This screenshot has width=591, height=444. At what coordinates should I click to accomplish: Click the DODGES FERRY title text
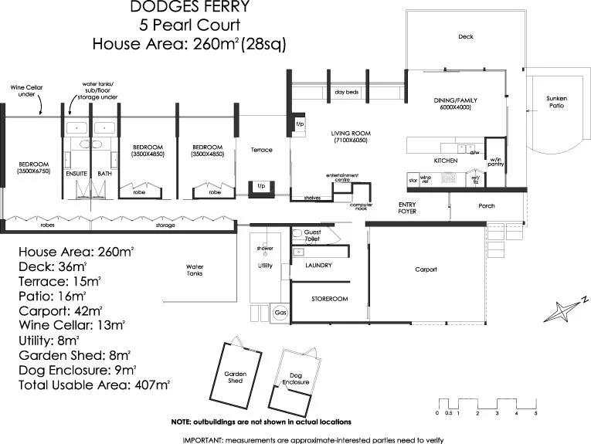coord(189,8)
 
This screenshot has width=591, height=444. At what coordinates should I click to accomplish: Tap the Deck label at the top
coord(465,37)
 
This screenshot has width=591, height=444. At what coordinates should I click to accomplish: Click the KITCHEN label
coord(445,161)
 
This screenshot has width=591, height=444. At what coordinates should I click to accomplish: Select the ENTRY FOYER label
coord(407,208)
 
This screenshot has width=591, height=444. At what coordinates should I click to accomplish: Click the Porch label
coord(486,206)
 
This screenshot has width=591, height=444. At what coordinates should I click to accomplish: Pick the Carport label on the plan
coord(426,269)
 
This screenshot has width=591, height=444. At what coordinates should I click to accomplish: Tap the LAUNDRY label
coord(318,266)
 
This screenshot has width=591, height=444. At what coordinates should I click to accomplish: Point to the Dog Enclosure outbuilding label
coord(295,379)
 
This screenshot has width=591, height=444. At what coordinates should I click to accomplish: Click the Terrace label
coord(261,150)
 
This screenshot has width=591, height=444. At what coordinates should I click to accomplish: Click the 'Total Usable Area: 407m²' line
coord(94,384)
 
